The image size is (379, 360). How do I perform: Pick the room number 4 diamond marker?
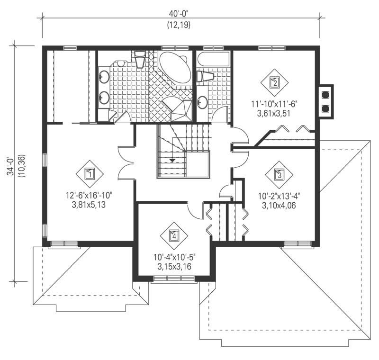point(174,235)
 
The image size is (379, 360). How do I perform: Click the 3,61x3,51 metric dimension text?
point(274,112)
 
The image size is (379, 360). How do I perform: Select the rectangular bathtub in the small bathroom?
point(214,60)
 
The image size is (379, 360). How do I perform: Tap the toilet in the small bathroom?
point(205,76)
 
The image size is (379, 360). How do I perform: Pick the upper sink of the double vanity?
point(104,76)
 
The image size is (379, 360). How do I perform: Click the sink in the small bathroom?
point(202,102)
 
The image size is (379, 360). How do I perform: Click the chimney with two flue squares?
point(326,100)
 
